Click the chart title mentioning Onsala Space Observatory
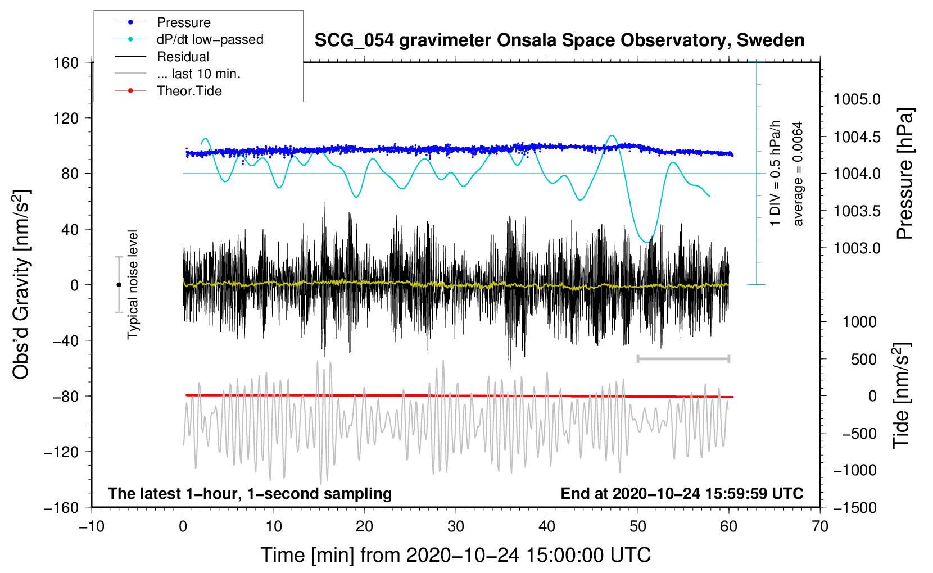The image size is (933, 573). tap(559, 40)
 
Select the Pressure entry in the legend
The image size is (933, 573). tap(183, 22)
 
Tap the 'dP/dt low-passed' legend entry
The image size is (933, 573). tap(210, 39)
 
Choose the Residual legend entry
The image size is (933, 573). tap(183, 57)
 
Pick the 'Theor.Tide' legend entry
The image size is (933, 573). tap(189, 91)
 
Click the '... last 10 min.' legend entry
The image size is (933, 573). tap(198, 74)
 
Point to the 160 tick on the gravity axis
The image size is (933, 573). tap(66, 63)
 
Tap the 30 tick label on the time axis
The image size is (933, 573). tap(456, 527)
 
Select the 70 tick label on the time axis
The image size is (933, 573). tap(820, 527)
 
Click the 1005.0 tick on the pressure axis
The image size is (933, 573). tap(857, 100)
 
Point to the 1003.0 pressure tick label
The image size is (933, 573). tap(857, 248)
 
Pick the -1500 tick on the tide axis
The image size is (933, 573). tap(855, 508)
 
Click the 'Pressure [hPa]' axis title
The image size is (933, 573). tap(904, 174)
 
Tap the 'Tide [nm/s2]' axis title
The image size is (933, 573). tap(901, 395)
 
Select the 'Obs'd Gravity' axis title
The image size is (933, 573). tap(21, 284)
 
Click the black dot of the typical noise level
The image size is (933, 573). tap(119, 285)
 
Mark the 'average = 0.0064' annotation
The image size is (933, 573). tap(798, 174)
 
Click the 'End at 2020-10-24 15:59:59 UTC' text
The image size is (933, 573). tap(682, 494)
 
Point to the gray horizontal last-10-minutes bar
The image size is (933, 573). tap(683, 358)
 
